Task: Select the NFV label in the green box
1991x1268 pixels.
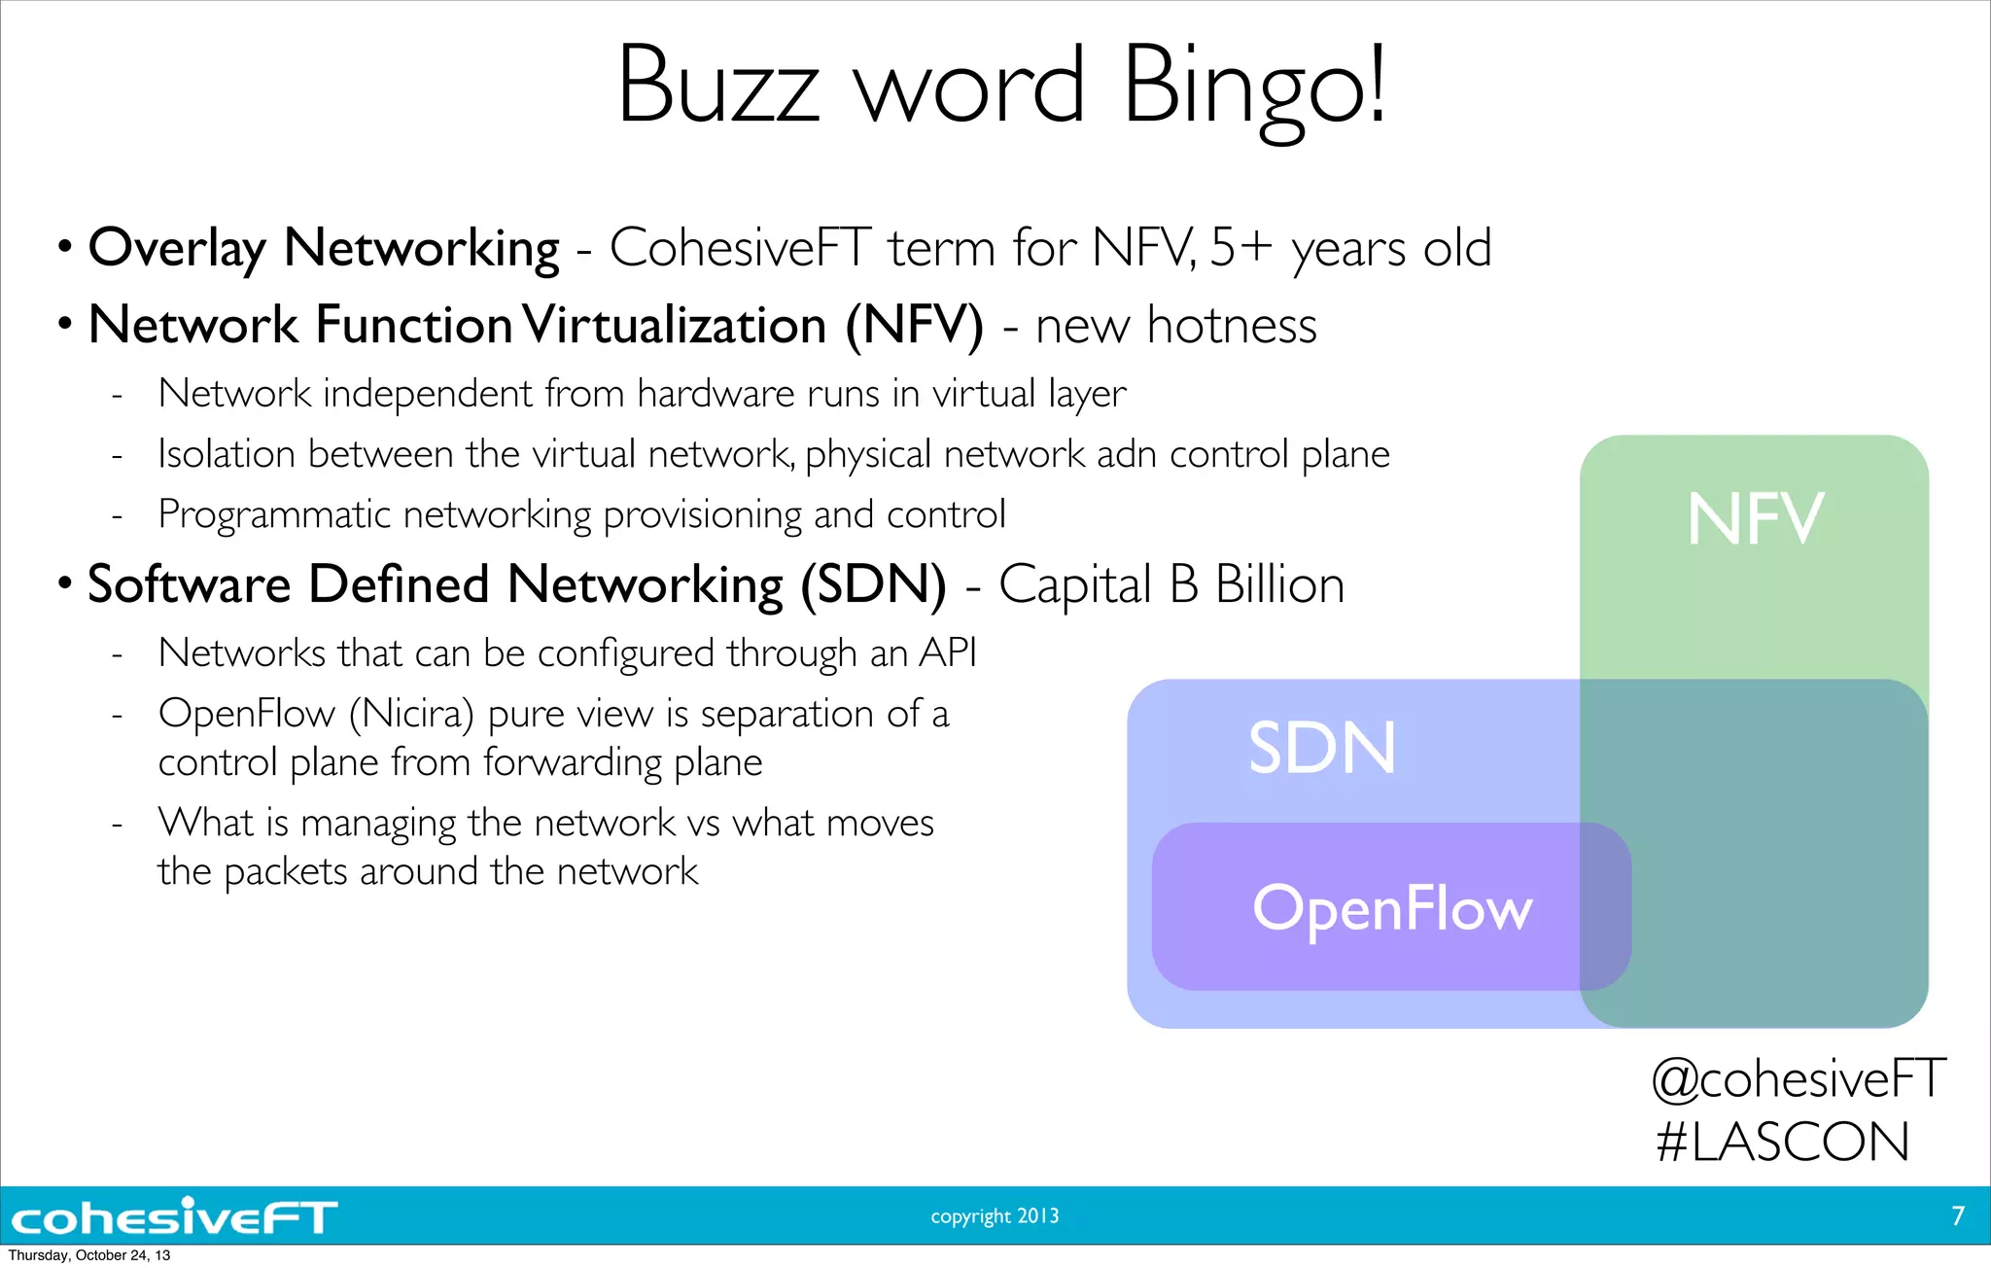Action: tap(1755, 519)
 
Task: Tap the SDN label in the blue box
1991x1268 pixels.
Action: tap(1322, 748)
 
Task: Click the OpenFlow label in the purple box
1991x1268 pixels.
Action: tap(1392, 908)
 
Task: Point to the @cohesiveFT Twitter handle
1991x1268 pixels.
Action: tap(1799, 1078)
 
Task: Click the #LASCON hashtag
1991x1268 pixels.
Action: tap(1783, 1142)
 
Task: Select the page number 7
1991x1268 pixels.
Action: tap(1958, 1215)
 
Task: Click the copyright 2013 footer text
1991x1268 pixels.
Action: tap(995, 1215)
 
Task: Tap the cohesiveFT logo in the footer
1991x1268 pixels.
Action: tap(175, 1216)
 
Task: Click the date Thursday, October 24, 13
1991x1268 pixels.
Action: tap(89, 1255)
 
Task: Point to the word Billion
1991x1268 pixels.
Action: tap(1279, 585)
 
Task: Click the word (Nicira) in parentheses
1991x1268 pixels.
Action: tap(411, 715)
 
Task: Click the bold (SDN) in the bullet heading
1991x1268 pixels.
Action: tap(873, 585)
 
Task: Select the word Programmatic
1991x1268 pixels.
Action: tap(273, 515)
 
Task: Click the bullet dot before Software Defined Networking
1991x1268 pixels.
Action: tap(64, 583)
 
